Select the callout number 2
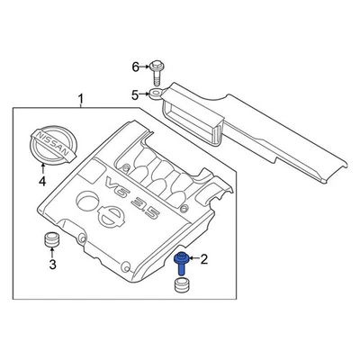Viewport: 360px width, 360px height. point(203,261)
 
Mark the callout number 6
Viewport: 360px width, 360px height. point(136,67)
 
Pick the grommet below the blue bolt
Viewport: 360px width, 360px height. point(183,287)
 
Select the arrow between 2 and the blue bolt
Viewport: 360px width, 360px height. point(193,261)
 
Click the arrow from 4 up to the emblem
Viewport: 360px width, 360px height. point(41,168)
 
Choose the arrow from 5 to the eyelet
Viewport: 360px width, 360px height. point(144,93)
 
